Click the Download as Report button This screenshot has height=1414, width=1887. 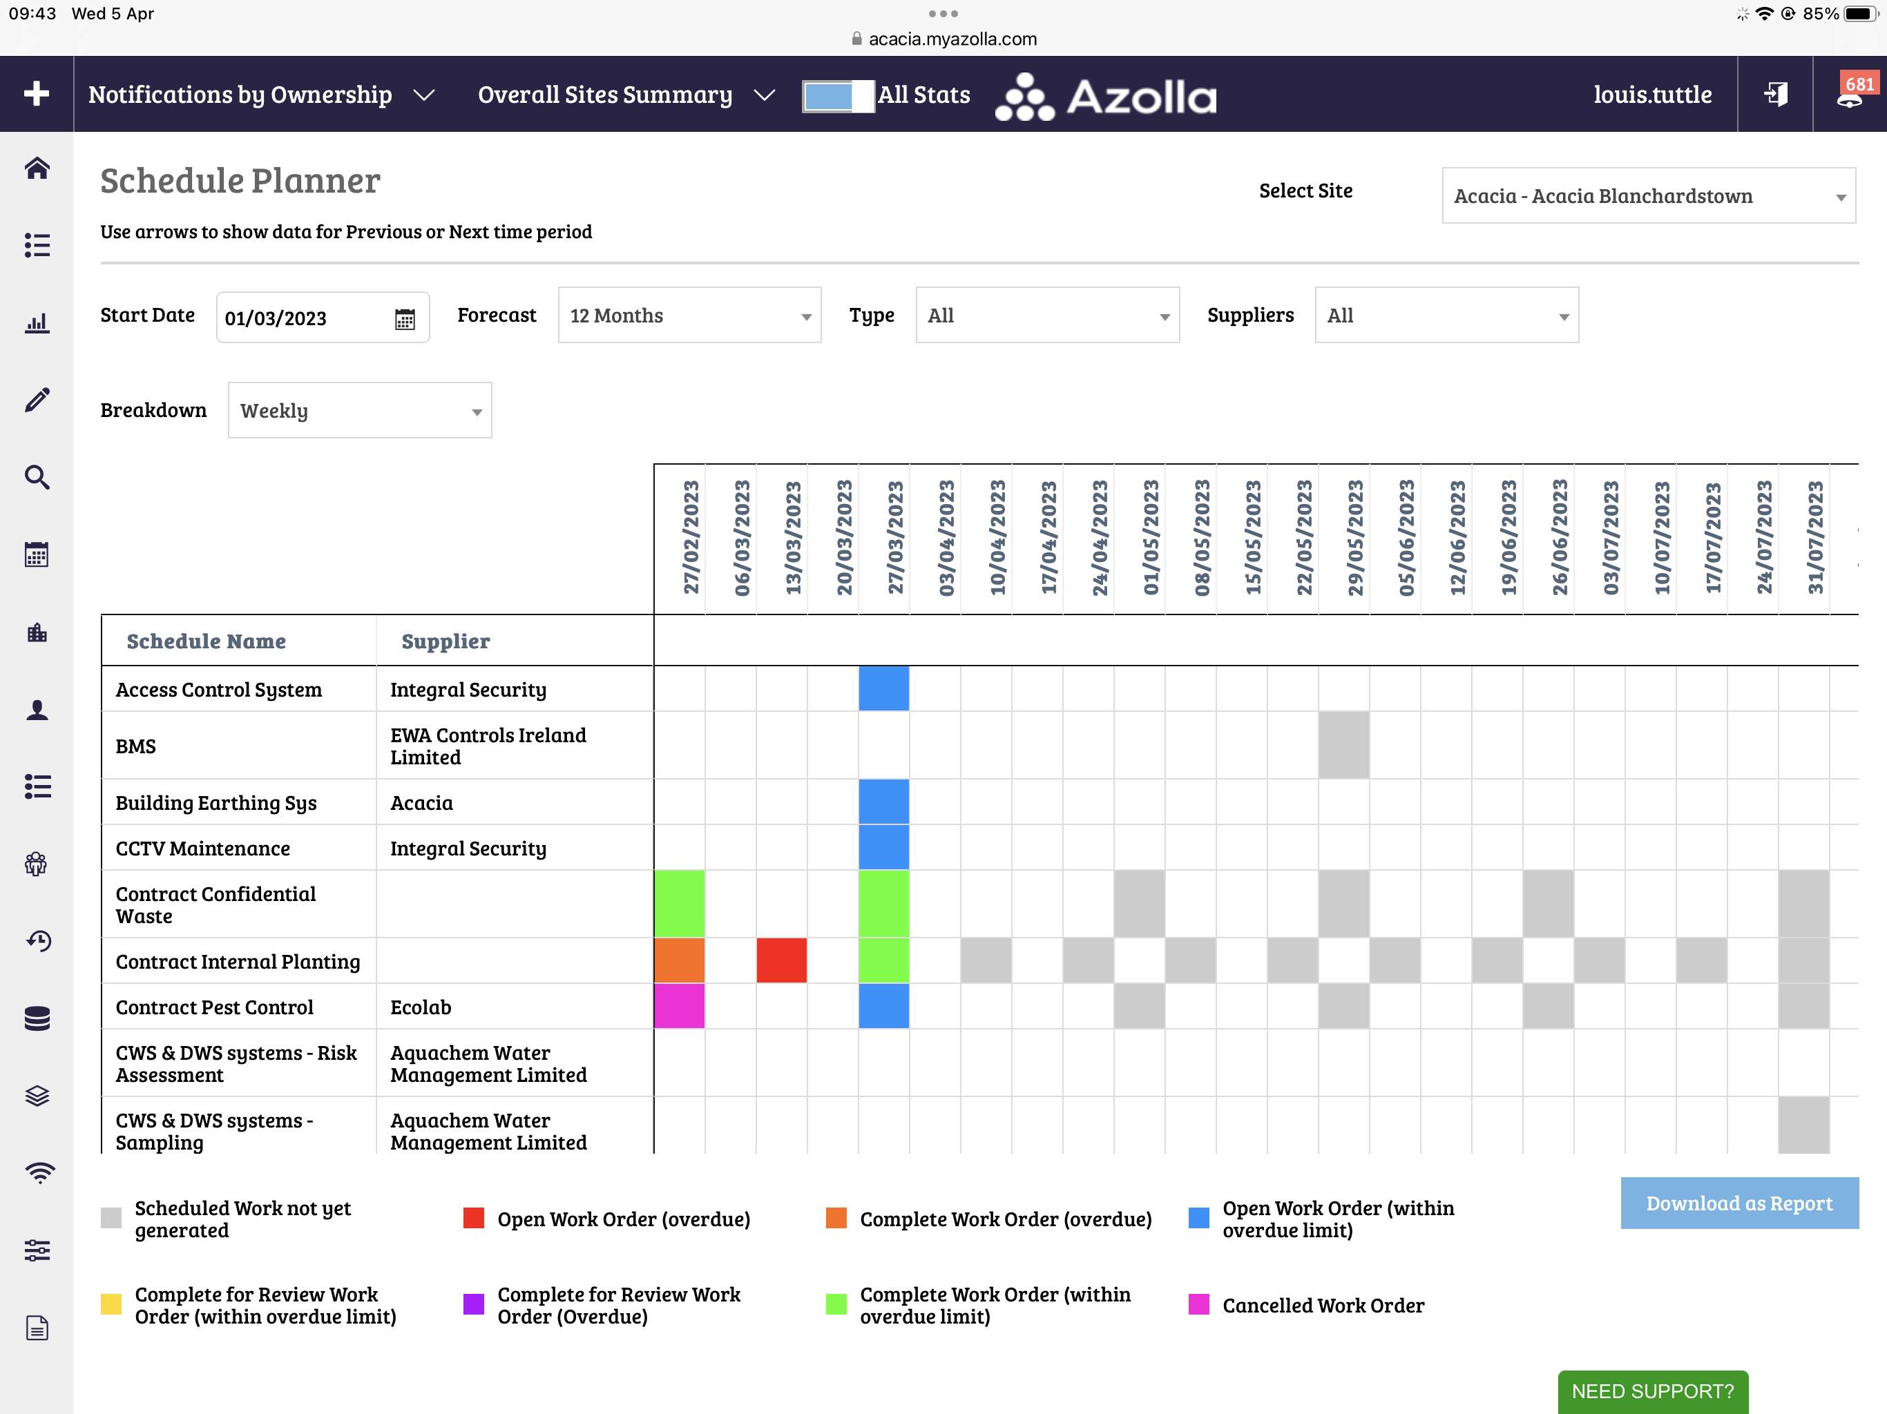(x=1738, y=1203)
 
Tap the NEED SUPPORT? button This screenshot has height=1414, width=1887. (x=1652, y=1391)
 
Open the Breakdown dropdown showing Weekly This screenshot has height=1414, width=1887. (x=359, y=411)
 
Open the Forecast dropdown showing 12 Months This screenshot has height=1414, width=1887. (x=689, y=316)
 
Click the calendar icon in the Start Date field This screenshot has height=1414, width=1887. (x=404, y=319)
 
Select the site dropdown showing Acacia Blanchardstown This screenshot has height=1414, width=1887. (x=1648, y=196)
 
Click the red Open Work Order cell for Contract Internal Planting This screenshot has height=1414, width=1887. (x=781, y=961)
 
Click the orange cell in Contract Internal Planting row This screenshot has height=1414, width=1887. (x=679, y=961)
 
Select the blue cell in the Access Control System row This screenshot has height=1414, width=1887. (x=884, y=689)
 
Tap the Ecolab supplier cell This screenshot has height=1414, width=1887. (x=421, y=1007)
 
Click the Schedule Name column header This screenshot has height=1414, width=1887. (x=207, y=641)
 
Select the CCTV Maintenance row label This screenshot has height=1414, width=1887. (x=203, y=849)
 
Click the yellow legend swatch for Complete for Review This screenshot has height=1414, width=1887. (x=111, y=1305)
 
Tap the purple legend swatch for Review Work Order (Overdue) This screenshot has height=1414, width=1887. (x=473, y=1305)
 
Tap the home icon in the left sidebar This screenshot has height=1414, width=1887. (x=37, y=168)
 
